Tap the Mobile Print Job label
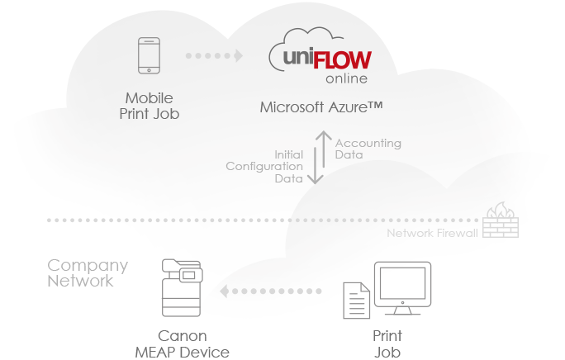pos(150,106)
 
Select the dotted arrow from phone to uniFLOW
pos(214,56)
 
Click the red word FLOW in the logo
pos(339,60)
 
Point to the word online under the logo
pos(347,79)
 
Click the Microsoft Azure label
pos(320,107)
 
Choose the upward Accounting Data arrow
pos(325,146)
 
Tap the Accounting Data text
pos(368,149)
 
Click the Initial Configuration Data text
pos(265,166)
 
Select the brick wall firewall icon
pos(501,220)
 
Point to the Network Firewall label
pos(432,234)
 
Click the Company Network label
pos(87,273)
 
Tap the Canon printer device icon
pos(183,288)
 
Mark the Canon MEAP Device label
pos(182,344)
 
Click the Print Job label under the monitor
pos(387,344)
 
